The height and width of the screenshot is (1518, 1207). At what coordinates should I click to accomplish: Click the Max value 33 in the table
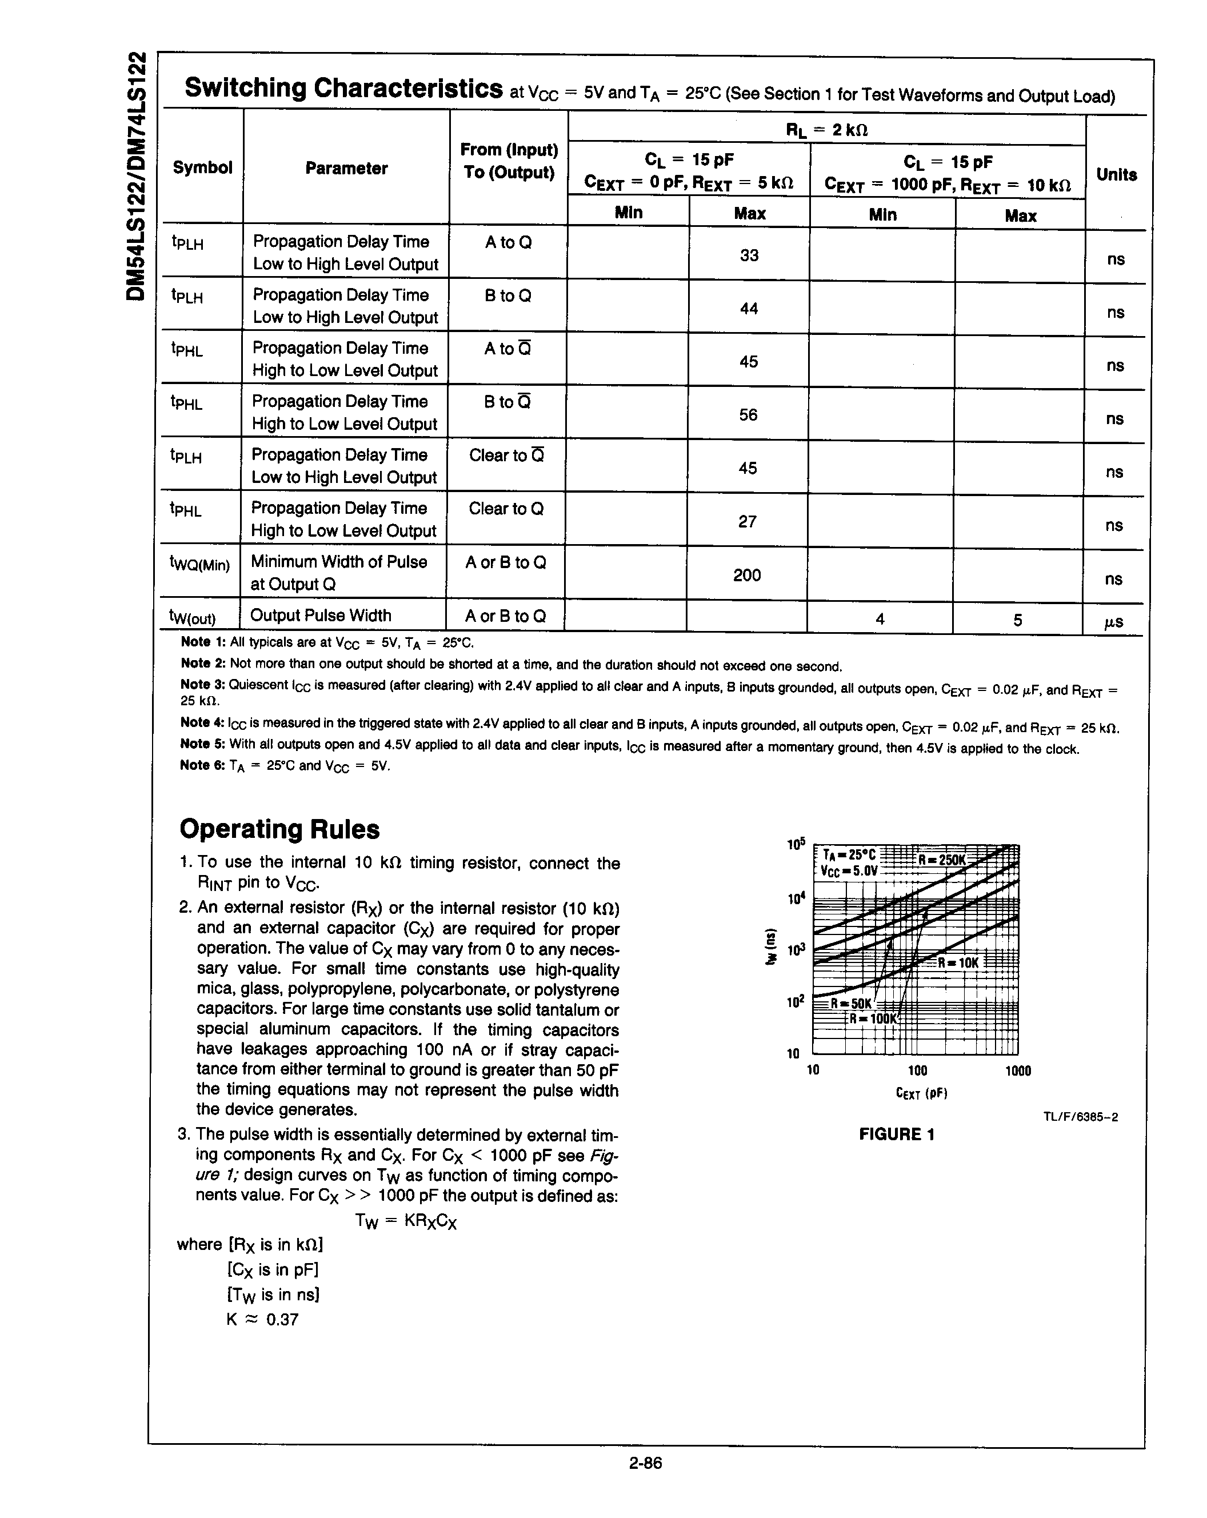pos(749,255)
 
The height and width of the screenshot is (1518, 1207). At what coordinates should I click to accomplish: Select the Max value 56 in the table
pos(748,416)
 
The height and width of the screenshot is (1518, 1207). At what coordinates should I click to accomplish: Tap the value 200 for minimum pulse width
pos(746,575)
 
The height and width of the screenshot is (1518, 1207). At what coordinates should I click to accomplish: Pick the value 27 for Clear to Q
pos(747,522)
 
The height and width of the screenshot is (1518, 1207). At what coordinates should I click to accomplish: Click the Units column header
pos(1116,175)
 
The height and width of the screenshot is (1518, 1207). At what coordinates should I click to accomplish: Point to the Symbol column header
pos(202,167)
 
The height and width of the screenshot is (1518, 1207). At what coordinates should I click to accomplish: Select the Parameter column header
pos(346,168)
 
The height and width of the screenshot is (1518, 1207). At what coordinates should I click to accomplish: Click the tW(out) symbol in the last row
pos(192,617)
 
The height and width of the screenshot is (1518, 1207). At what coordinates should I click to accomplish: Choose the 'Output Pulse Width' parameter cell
pos(321,616)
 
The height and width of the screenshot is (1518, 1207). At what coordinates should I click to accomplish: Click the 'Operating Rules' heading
pos(279,829)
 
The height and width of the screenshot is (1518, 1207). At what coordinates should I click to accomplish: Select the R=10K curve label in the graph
pos(958,962)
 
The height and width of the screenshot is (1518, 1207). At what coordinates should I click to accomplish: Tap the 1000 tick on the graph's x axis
pos(1018,1071)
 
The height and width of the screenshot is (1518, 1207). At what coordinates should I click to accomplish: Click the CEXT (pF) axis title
pos(921,1093)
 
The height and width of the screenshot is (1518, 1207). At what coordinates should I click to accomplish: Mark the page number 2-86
pos(645,1463)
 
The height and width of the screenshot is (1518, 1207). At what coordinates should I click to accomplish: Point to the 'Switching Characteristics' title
pos(343,89)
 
